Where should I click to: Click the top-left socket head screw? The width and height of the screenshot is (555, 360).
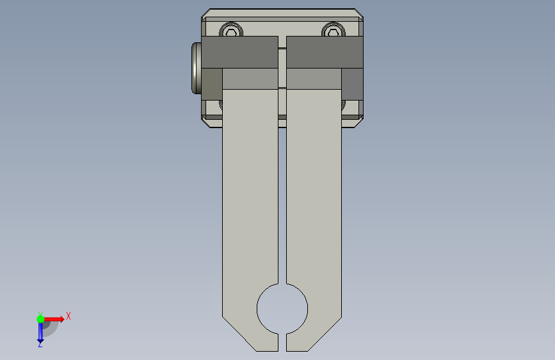coord(231,29)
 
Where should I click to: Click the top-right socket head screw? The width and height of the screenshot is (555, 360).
coord(333,29)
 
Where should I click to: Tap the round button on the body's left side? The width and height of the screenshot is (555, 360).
coord(197,68)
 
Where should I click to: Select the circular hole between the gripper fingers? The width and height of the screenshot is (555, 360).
coord(282,309)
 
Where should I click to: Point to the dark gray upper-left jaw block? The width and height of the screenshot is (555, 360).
coord(239,52)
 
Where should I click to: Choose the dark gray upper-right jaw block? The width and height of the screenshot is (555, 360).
coord(325,52)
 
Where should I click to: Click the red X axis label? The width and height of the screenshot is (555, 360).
coord(68,316)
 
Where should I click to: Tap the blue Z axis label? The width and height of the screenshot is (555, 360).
coord(40,344)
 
